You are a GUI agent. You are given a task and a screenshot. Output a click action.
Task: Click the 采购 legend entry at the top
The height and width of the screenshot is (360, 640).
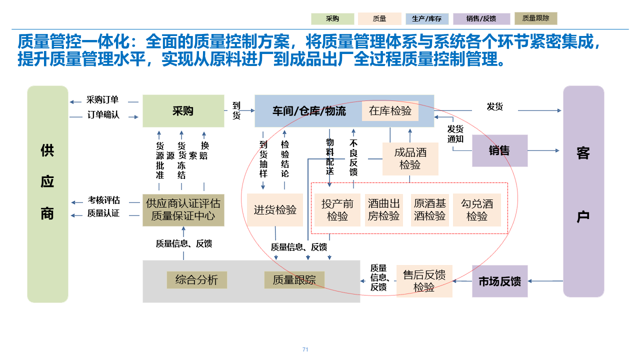(332, 19)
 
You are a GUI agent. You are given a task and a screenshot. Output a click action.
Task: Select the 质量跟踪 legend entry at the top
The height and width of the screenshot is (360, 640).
(535, 18)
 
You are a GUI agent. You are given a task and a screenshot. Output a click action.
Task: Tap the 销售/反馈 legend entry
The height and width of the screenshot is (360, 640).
(481, 19)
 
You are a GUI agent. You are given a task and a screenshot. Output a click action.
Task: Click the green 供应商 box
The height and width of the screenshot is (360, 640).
(47, 194)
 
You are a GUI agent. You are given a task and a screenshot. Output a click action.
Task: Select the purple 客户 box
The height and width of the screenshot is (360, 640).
(583, 191)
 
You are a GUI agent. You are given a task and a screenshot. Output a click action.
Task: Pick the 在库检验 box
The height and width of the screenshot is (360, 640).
(390, 110)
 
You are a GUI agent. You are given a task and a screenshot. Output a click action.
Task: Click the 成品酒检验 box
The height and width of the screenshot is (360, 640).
(410, 158)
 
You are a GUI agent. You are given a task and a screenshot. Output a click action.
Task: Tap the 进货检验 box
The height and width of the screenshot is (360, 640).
(275, 210)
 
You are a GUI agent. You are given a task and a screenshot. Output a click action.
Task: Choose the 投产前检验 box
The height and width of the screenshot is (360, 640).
(337, 210)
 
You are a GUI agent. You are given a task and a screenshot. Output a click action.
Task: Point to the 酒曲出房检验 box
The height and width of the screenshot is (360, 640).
(383, 210)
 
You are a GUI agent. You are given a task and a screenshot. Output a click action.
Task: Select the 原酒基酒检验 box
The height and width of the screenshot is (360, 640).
(429, 210)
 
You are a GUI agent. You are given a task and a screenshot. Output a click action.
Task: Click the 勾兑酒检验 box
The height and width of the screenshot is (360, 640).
(477, 210)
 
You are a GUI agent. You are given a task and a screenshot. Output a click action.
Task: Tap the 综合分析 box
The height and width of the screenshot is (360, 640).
(196, 280)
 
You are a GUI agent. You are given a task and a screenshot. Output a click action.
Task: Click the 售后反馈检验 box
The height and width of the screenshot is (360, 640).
(424, 281)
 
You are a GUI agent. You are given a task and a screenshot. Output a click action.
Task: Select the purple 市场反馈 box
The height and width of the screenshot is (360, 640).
(499, 281)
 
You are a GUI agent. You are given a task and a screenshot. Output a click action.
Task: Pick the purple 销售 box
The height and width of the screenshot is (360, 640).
(499, 150)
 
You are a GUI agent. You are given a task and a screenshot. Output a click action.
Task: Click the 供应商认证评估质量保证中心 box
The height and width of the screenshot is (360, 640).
(183, 210)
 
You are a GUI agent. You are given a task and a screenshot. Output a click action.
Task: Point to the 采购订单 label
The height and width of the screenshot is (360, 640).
(102, 100)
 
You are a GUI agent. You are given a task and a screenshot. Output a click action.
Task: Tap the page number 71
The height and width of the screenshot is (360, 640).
(305, 349)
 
